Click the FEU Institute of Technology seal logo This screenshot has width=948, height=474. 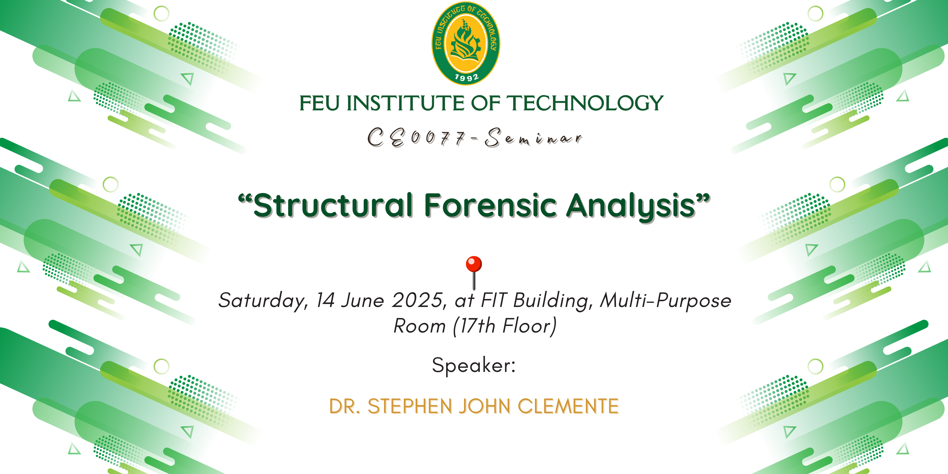[x=465, y=43]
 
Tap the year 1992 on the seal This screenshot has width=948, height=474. [x=467, y=77]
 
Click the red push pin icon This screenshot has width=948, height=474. [x=474, y=273]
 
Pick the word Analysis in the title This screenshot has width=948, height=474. [x=631, y=207]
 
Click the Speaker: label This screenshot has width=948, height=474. [x=474, y=366]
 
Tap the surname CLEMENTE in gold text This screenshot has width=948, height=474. [x=568, y=406]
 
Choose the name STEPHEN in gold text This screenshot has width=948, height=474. [x=410, y=406]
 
